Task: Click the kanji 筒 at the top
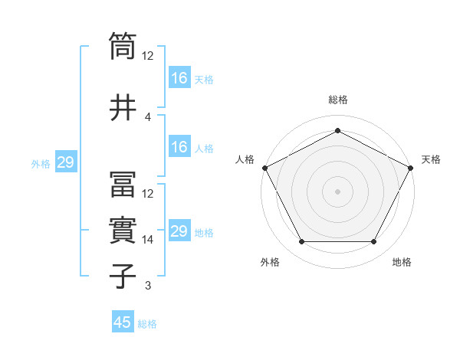click(x=123, y=46)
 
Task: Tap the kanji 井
click(x=123, y=106)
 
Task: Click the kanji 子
click(x=123, y=276)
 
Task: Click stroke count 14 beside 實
click(x=148, y=240)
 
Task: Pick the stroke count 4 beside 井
click(x=148, y=116)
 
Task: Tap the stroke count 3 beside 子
click(x=148, y=286)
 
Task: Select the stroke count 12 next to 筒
click(x=148, y=56)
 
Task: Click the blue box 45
click(x=123, y=322)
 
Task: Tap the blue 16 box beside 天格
click(x=179, y=78)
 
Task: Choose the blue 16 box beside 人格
click(x=179, y=147)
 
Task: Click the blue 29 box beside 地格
click(x=179, y=231)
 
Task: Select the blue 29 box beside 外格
click(x=65, y=162)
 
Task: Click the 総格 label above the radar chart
click(x=338, y=100)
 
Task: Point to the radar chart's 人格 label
click(x=245, y=159)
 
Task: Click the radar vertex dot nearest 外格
click(x=301, y=242)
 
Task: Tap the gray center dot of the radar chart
click(x=337, y=191)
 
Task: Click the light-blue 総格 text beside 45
click(x=147, y=324)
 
